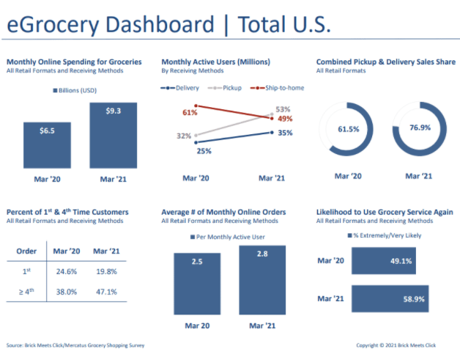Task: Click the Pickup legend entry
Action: [x=228, y=87]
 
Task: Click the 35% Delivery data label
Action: [x=286, y=133]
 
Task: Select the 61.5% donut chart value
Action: [x=348, y=129]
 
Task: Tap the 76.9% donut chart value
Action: [x=419, y=129]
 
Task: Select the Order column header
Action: [x=27, y=251]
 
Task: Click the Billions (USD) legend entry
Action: [x=78, y=90]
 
